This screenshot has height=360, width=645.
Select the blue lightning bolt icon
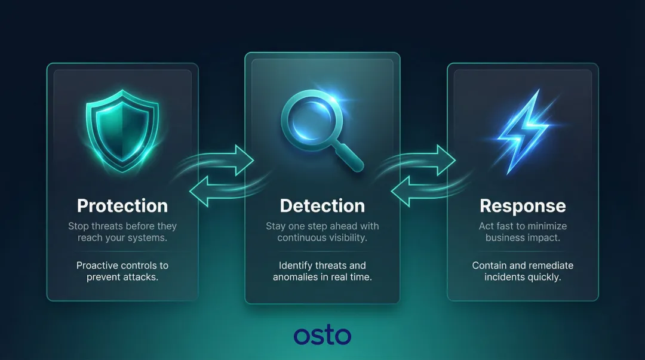523,133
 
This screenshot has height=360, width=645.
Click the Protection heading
122,206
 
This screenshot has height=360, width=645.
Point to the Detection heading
322,206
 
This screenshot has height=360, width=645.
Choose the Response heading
523,206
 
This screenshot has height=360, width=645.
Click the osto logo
322,335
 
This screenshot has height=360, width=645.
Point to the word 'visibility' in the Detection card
347,238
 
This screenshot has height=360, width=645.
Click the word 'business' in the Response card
505,238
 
